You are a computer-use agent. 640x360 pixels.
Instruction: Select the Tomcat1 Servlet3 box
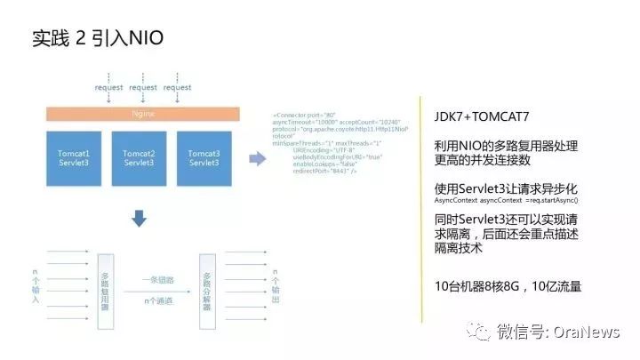click(74, 159)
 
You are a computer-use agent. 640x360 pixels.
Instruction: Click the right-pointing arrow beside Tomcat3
click(257, 159)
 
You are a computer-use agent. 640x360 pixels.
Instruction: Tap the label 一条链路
click(158, 278)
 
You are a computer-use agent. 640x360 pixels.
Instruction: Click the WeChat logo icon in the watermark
click(481, 332)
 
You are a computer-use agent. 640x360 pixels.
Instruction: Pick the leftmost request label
click(108, 87)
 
